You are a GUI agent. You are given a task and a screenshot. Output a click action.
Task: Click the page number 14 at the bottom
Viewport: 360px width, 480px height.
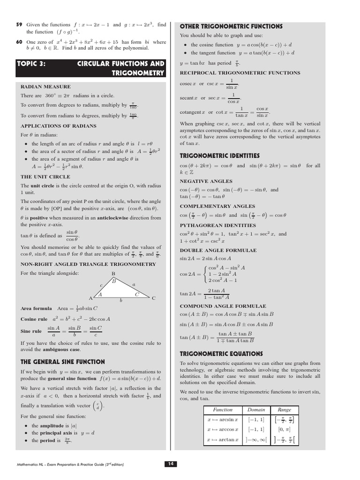click(171, 464)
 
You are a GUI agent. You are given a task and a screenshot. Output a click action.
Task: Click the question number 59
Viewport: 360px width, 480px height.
click(19, 24)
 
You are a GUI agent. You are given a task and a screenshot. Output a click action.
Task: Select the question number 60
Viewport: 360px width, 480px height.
click(19, 42)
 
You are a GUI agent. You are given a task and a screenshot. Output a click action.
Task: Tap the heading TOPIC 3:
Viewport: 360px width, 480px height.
click(31, 64)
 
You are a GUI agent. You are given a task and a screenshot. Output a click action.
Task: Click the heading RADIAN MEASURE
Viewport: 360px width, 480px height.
click(45, 87)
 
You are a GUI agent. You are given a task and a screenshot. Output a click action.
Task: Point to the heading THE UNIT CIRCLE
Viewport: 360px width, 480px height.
click(45, 177)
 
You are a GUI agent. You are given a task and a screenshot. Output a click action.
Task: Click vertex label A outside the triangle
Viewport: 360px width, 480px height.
click(90, 298)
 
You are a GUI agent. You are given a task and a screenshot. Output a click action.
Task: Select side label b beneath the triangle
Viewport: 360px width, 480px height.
click(121, 300)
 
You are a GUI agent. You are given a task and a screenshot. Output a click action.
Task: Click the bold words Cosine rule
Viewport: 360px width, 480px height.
click(34, 319)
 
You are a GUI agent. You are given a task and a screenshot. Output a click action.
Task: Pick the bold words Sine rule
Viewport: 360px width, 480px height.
click(31, 331)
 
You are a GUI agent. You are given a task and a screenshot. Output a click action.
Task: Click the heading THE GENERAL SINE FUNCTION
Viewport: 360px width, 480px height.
click(62, 362)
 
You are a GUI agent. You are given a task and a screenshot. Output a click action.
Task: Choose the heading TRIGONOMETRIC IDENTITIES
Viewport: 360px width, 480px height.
click(219, 156)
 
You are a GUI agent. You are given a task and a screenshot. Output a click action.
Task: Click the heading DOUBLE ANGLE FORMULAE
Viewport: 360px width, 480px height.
click(218, 250)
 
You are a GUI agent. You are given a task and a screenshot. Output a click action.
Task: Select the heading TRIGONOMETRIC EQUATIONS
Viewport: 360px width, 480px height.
click(221, 354)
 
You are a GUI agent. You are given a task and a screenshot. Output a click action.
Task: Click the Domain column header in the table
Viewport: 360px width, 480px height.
click(256, 409)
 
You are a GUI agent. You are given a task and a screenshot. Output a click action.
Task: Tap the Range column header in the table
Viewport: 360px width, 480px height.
click(284, 409)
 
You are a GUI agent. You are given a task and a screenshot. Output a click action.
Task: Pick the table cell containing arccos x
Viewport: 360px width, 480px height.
click(223, 429)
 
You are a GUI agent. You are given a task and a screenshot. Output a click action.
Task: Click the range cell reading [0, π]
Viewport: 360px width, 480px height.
click(284, 429)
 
